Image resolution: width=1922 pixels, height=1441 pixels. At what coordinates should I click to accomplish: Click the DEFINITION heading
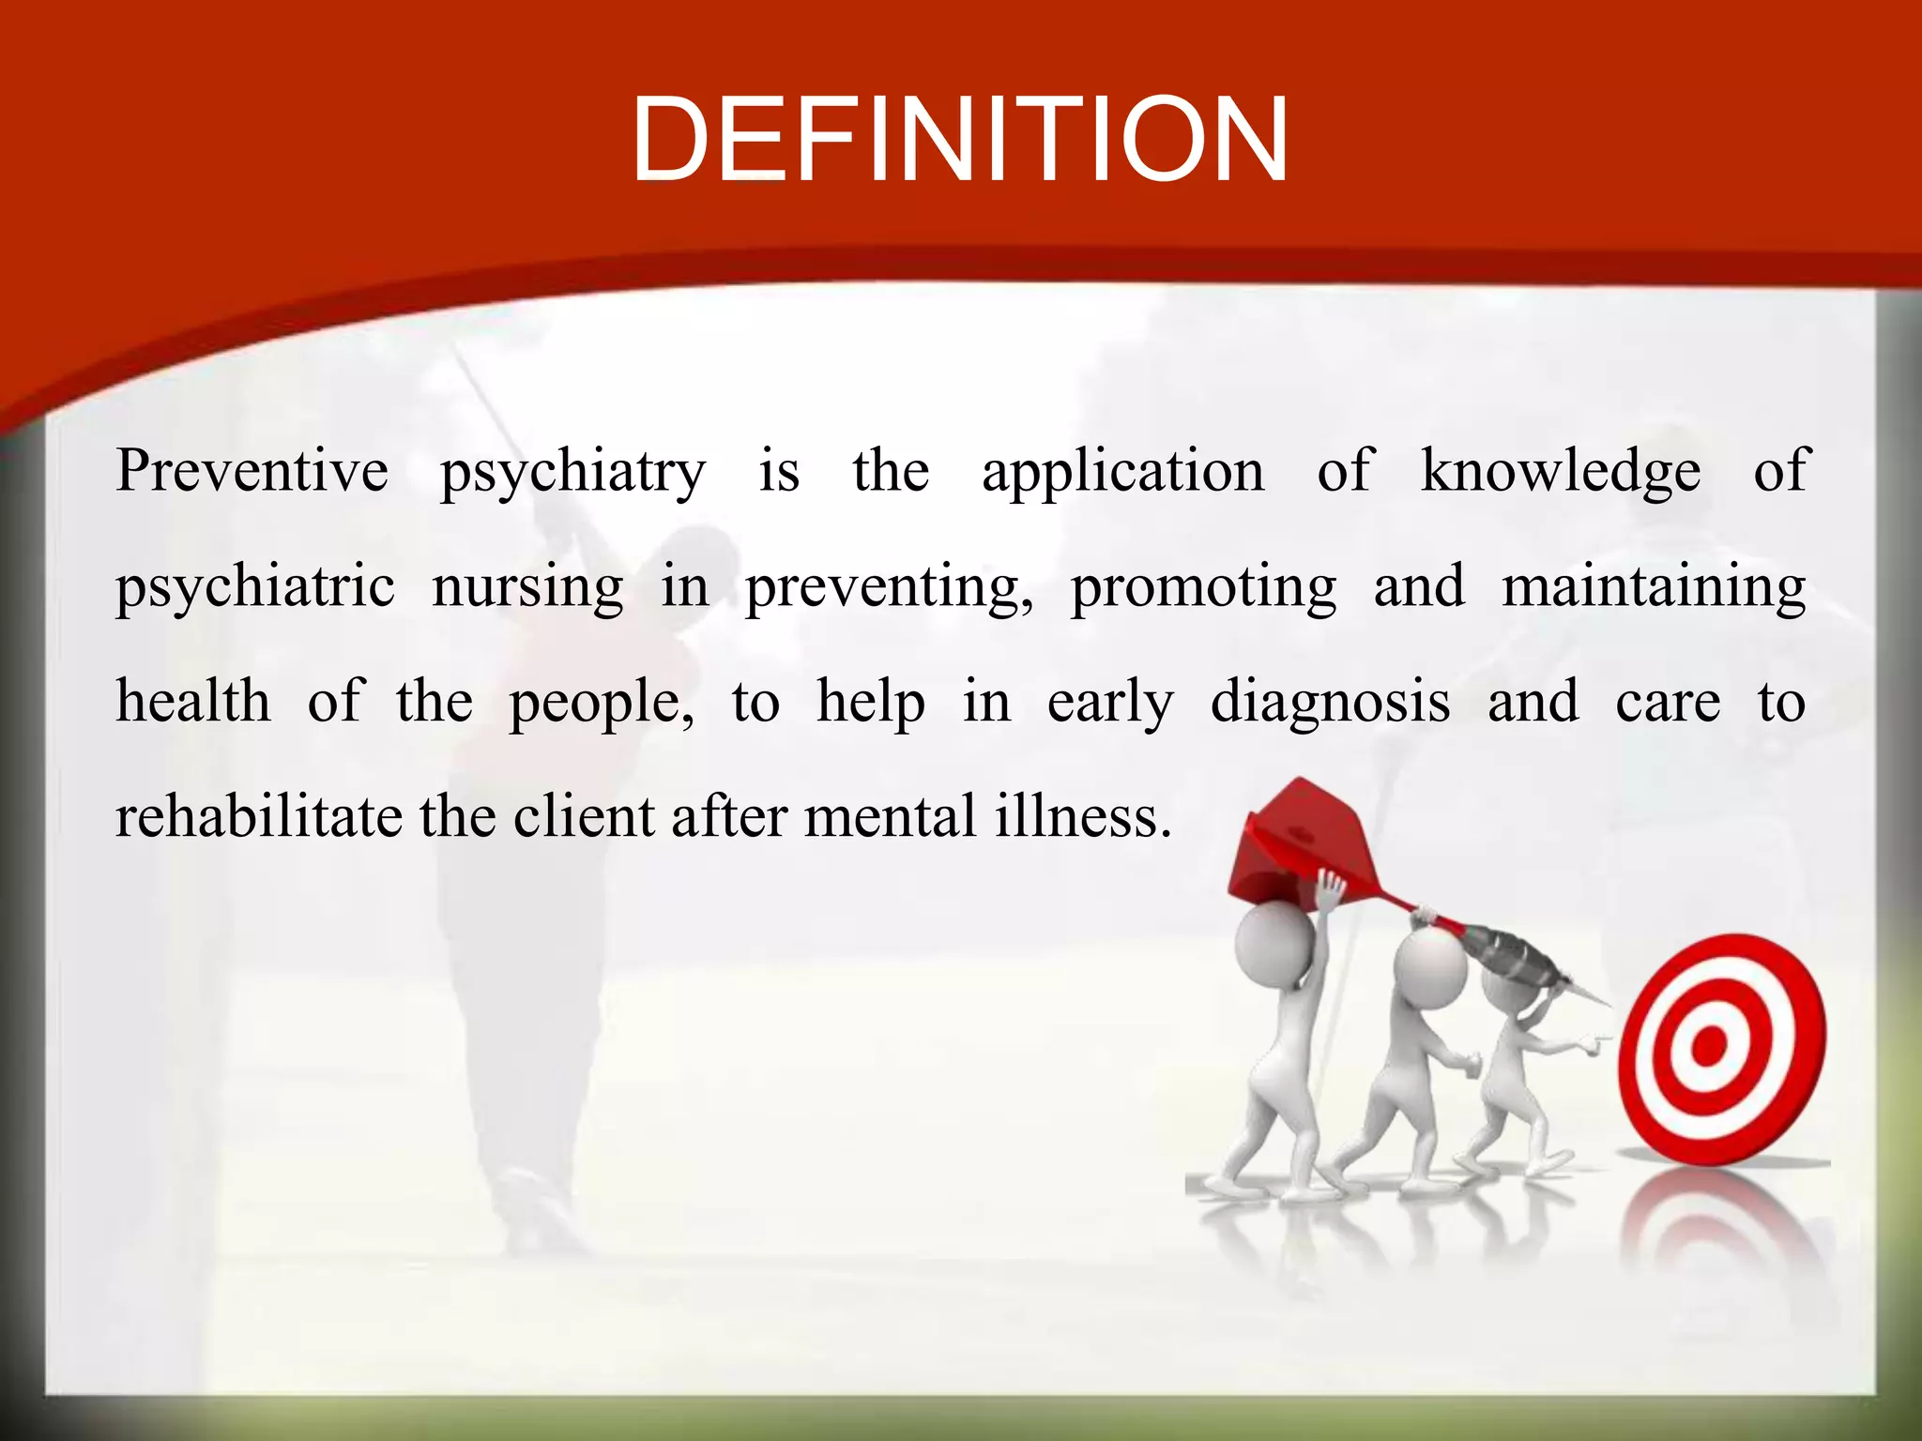(960, 141)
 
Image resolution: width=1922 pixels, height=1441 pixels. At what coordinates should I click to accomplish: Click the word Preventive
(252, 470)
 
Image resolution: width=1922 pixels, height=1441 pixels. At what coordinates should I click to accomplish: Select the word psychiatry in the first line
(572, 472)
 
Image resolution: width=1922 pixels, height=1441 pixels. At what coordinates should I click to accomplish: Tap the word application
(1122, 472)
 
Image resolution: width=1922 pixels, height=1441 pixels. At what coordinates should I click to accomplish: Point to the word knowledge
(1560, 472)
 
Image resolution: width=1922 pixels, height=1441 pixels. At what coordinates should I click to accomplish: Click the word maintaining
(1654, 587)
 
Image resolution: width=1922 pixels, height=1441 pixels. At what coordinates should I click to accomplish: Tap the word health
(193, 702)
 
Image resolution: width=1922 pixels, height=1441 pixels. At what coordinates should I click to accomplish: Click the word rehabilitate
(258, 816)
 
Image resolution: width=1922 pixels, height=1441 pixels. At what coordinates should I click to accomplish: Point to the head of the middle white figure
(1428, 966)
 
